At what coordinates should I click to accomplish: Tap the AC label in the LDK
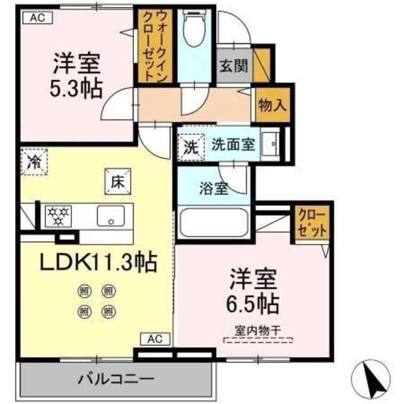point(155,339)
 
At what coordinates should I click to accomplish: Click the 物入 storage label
point(272,105)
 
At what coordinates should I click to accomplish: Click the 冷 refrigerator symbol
point(33,160)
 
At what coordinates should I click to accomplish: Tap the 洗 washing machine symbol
point(191,148)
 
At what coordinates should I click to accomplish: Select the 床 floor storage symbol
point(117,182)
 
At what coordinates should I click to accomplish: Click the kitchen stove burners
point(58,215)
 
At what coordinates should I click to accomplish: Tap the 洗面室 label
point(233,144)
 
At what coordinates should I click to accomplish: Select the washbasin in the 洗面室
point(272,145)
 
